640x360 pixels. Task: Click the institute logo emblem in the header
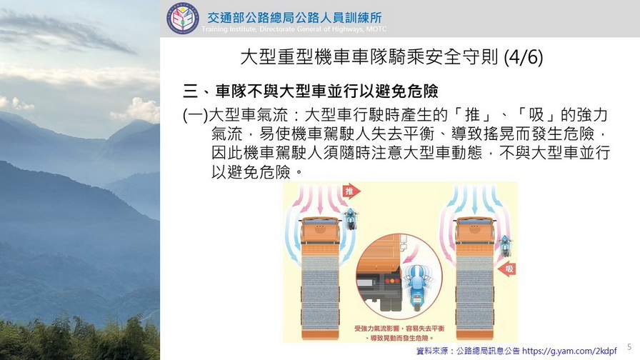pos(183,19)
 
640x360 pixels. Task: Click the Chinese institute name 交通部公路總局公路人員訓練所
pos(295,18)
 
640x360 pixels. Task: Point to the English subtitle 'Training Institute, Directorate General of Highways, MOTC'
pos(294,29)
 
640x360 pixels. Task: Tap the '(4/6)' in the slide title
pos(524,57)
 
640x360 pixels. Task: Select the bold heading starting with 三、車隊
pos(311,91)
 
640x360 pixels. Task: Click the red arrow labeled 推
pos(351,191)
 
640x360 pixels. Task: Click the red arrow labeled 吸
pos(507,269)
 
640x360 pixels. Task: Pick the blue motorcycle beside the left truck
pos(350,219)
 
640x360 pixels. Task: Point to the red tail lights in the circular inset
pos(392,281)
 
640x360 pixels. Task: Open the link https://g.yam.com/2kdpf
pos(569,351)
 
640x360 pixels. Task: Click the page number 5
pos(629,347)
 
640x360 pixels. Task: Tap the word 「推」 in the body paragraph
pos(473,116)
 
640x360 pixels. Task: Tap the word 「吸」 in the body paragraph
pos(536,116)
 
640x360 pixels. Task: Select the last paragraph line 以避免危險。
pos(257,172)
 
